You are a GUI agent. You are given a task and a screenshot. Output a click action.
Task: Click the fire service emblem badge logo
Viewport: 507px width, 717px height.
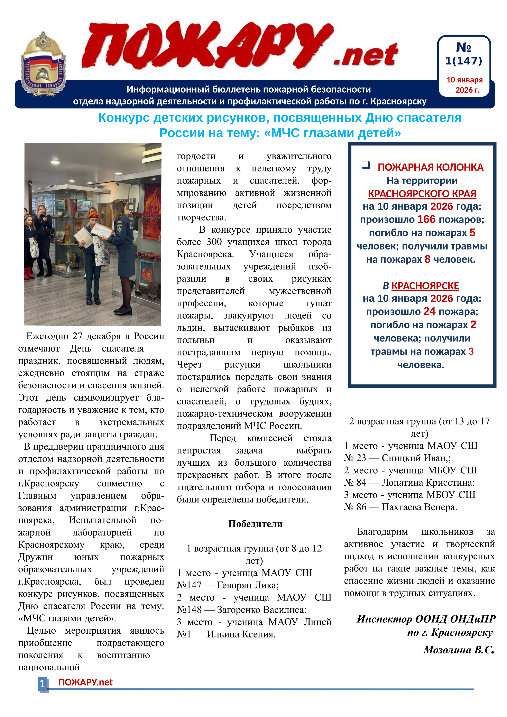[43, 64]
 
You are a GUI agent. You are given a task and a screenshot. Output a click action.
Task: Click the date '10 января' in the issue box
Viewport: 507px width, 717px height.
[464, 80]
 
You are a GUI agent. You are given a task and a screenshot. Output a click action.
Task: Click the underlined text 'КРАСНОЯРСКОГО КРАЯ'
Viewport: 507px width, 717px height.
[422, 194]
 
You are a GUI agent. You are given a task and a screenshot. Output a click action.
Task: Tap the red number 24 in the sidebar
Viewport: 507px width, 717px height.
[429, 311]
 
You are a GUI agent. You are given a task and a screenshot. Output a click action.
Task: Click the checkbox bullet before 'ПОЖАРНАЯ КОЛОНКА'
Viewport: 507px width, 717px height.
[365, 165]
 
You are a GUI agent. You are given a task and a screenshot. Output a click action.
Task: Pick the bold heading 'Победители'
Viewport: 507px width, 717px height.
[255, 524]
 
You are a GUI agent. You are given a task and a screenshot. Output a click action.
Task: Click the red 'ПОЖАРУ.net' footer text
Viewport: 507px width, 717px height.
[85, 682]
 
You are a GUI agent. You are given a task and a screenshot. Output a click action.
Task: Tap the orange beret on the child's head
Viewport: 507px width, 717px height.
[93, 215]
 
